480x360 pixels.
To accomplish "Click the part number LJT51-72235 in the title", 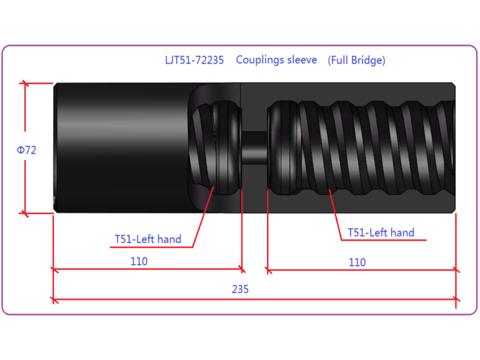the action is (x=194, y=60).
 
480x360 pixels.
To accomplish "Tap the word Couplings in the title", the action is (x=257, y=60).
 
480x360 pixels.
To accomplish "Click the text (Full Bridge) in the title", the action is (x=356, y=61).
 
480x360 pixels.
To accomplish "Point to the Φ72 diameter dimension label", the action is (x=26, y=150).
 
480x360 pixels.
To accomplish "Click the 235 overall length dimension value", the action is (x=241, y=289).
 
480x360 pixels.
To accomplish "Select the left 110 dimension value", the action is (x=139, y=262).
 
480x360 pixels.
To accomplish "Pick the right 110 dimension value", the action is (x=357, y=262).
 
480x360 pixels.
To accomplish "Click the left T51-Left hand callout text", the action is (x=148, y=239).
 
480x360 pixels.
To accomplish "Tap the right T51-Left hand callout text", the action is (x=381, y=233).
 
